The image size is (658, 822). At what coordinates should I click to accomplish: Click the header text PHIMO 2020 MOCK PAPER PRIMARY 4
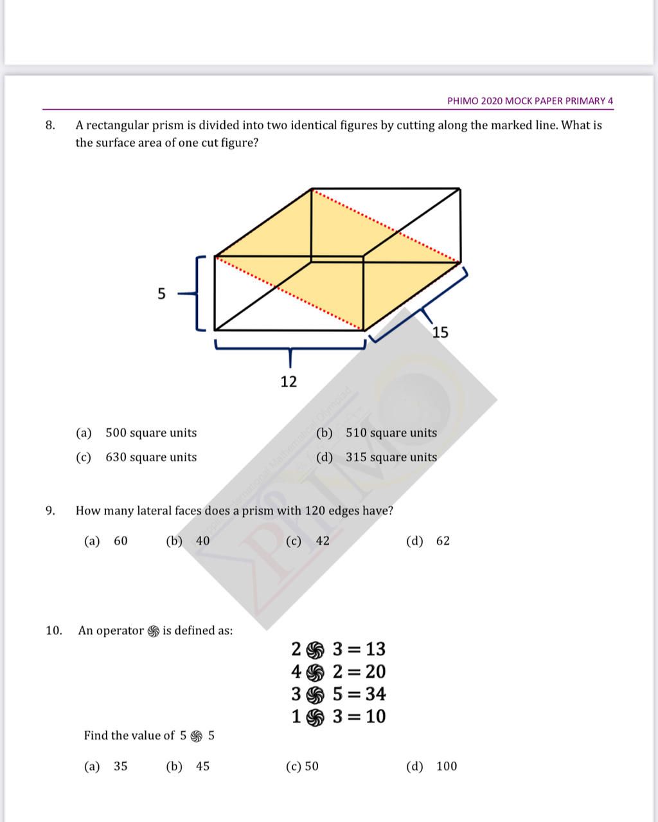pyautogui.click(x=530, y=101)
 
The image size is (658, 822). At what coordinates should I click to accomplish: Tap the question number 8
pyautogui.click(x=49, y=125)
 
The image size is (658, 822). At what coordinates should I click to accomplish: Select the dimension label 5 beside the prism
pyautogui.click(x=161, y=294)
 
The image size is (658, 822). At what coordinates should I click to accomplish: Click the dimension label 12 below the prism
pyautogui.click(x=289, y=382)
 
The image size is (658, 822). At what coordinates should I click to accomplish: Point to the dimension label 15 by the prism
pyautogui.click(x=440, y=333)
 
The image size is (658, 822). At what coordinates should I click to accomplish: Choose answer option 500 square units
pyautogui.click(x=151, y=433)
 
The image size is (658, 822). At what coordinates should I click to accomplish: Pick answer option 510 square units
pyautogui.click(x=391, y=433)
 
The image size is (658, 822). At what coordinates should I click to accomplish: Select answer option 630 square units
pyautogui.click(x=151, y=457)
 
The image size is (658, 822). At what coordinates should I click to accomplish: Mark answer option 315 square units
pyautogui.click(x=391, y=457)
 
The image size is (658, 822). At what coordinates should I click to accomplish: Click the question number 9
pyautogui.click(x=49, y=511)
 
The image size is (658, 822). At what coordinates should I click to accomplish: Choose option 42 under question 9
pyautogui.click(x=322, y=542)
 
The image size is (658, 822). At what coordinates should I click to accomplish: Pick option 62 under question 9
pyautogui.click(x=443, y=542)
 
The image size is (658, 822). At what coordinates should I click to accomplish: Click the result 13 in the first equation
pyautogui.click(x=375, y=650)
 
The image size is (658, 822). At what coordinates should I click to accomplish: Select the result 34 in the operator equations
pyautogui.click(x=375, y=695)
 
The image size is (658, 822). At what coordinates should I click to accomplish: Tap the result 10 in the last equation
pyautogui.click(x=375, y=717)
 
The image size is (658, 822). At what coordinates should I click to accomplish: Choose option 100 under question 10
pyautogui.click(x=447, y=766)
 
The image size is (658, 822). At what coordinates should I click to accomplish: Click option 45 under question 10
pyautogui.click(x=202, y=766)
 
